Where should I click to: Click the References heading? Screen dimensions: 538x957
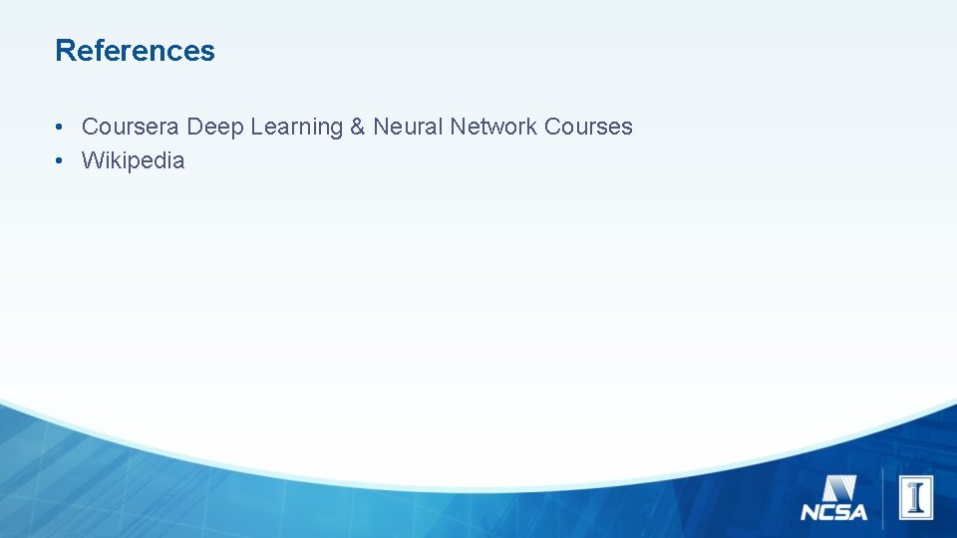coord(135,50)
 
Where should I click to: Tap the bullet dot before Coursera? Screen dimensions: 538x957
coord(61,128)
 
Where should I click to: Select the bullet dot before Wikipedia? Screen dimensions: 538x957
coord(61,161)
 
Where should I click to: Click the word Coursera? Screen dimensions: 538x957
coord(131,127)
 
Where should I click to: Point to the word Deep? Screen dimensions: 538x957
coord(215,128)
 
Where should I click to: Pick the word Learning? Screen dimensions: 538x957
coord(296,128)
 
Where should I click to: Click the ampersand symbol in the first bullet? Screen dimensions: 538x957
coord(357,127)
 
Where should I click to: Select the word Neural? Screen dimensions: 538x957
coord(408,127)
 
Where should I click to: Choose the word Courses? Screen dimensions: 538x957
coord(588,127)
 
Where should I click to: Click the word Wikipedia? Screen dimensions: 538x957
coord(133,160)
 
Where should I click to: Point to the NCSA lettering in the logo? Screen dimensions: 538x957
coord(834,513)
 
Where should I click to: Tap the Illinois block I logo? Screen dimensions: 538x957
coord(915,497)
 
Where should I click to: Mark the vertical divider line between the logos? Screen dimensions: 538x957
coord(882,497)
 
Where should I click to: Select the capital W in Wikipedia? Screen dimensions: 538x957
coord(93,160)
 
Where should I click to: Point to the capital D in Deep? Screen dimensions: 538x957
coord(195,127)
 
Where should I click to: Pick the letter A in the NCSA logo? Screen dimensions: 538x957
coord(858,513)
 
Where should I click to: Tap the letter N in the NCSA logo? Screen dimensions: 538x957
coord(809,513)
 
